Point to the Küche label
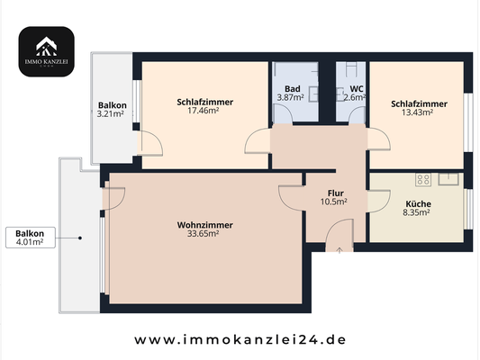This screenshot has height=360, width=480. coord(417,203)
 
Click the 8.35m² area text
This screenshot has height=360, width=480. coord(417,213)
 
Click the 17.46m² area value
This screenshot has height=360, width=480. coord(205,112)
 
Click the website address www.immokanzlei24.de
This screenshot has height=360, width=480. coord(240,340)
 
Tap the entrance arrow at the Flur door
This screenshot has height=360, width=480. coord(339,250)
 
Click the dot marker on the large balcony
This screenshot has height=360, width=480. coord(81,238)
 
